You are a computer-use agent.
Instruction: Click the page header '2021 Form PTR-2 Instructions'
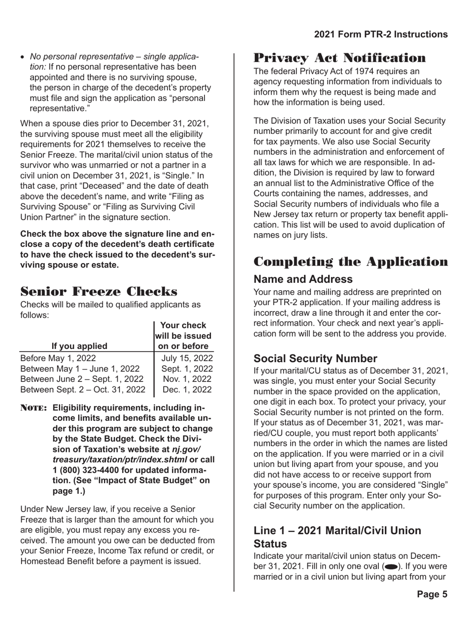[x=381, y=34]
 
